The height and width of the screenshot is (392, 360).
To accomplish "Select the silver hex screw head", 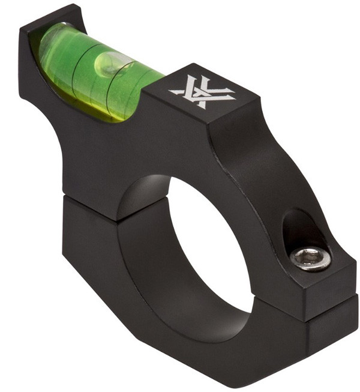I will (310, 258).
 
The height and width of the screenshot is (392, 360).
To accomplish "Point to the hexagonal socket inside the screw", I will (310, 259).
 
